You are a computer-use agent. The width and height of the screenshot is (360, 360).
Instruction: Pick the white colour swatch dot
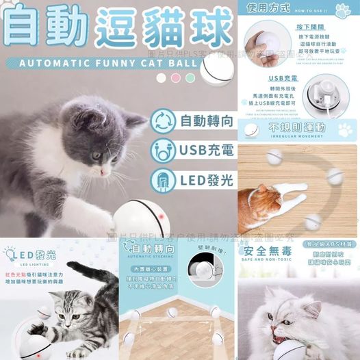(x=161, y=78)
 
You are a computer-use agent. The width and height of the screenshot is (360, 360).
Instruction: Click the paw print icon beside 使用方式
(x=343, y=10)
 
